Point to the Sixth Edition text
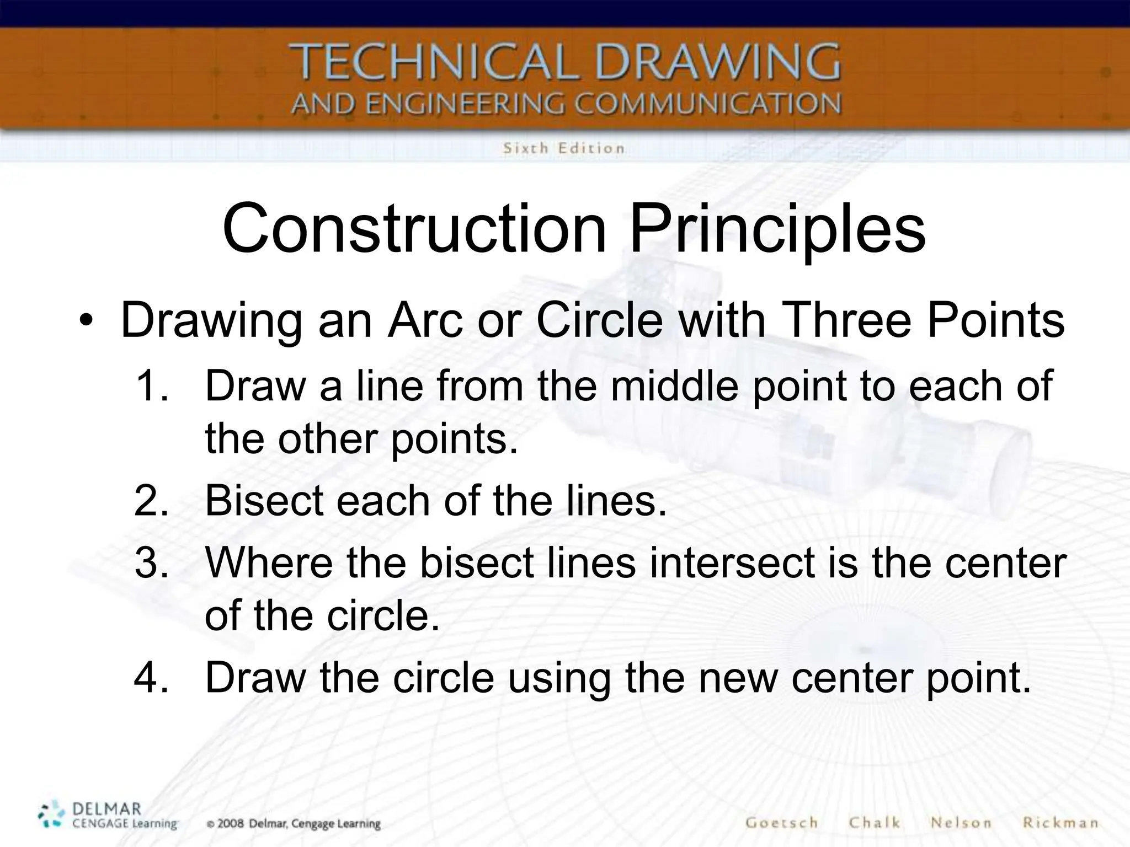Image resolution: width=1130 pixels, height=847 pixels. point(563,148)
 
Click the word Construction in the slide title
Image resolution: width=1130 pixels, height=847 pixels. point(414,228)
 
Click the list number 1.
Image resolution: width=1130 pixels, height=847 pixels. point(150,386)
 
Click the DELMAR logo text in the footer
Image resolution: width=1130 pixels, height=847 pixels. point(106,810)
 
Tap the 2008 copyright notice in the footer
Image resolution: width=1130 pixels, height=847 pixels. point(294,824)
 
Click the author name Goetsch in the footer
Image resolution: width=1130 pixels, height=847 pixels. point(781,823)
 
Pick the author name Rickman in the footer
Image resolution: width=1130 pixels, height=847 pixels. point(1060,823)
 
